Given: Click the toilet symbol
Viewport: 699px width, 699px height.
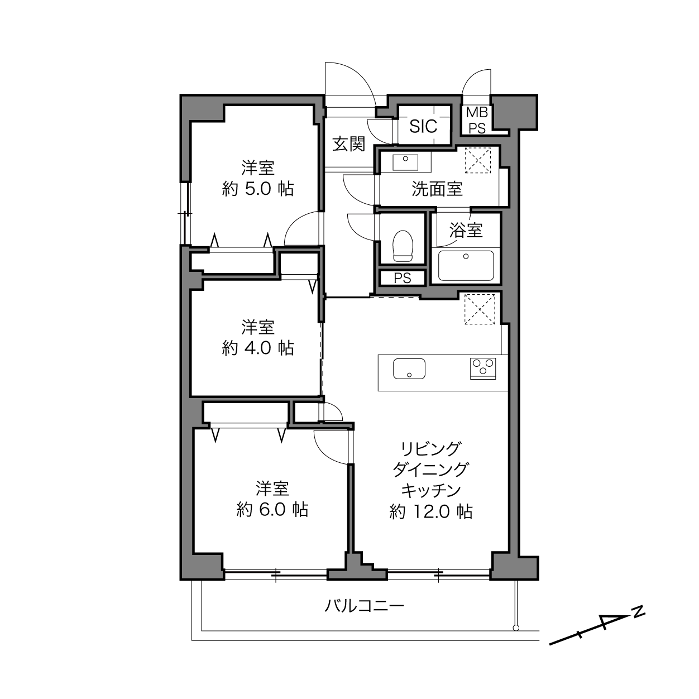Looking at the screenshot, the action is (x=403, y=246).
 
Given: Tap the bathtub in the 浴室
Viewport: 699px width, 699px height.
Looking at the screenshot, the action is (x=466, y=266).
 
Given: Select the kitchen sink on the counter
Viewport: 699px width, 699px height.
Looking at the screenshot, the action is (x=409, y=368).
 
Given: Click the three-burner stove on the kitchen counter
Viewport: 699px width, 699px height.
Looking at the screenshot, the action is (x=483, y=368).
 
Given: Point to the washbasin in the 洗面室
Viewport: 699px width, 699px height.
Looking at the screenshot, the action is (x=405, y=162).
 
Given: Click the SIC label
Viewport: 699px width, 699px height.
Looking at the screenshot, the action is (x=423, y=126).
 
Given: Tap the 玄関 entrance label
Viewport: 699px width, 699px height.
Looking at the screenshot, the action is (x=348, y=144).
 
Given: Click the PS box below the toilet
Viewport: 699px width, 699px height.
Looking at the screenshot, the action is (x=403, y=278).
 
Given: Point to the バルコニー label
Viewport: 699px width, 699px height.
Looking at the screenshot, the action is (x=364, y=605).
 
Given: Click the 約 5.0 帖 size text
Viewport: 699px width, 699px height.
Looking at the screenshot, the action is (x=258, y=189).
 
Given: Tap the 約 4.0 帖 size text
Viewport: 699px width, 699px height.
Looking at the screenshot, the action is (x=258, y=348).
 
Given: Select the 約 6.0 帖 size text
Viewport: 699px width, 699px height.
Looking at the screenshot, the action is (x=272, y=510).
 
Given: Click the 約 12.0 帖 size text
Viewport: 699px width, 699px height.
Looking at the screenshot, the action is (x=431, y=511).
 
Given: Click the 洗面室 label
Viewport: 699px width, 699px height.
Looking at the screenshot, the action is (x=437, y=189).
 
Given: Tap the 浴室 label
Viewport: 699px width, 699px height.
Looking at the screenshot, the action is (x=466, y=230).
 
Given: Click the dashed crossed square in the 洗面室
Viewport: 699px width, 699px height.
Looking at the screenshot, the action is (x=478, y=160).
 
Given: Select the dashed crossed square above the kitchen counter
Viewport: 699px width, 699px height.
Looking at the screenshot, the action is (x=480, y=309).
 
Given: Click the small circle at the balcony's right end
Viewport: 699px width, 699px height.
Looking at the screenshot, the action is (x=516, y=628).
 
